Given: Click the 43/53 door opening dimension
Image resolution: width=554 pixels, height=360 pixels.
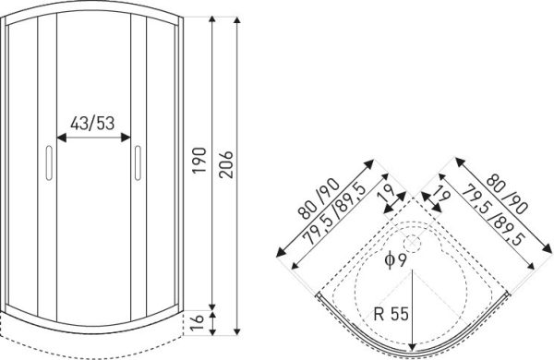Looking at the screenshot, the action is (92, 124).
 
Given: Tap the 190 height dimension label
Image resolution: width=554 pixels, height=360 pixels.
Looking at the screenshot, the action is (199, 160).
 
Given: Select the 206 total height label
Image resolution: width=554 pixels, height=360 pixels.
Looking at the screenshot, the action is (226, 164).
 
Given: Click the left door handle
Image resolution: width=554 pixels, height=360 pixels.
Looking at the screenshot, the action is (49, 162).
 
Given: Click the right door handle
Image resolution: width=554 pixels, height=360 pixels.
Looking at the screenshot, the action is (138, 162).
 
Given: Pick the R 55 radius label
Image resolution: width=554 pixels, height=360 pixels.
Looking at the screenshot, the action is (391, 314).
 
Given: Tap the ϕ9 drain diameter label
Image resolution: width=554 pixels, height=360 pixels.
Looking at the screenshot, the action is (396, 260).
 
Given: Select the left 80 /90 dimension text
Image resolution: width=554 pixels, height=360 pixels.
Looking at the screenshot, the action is (319, 198).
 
